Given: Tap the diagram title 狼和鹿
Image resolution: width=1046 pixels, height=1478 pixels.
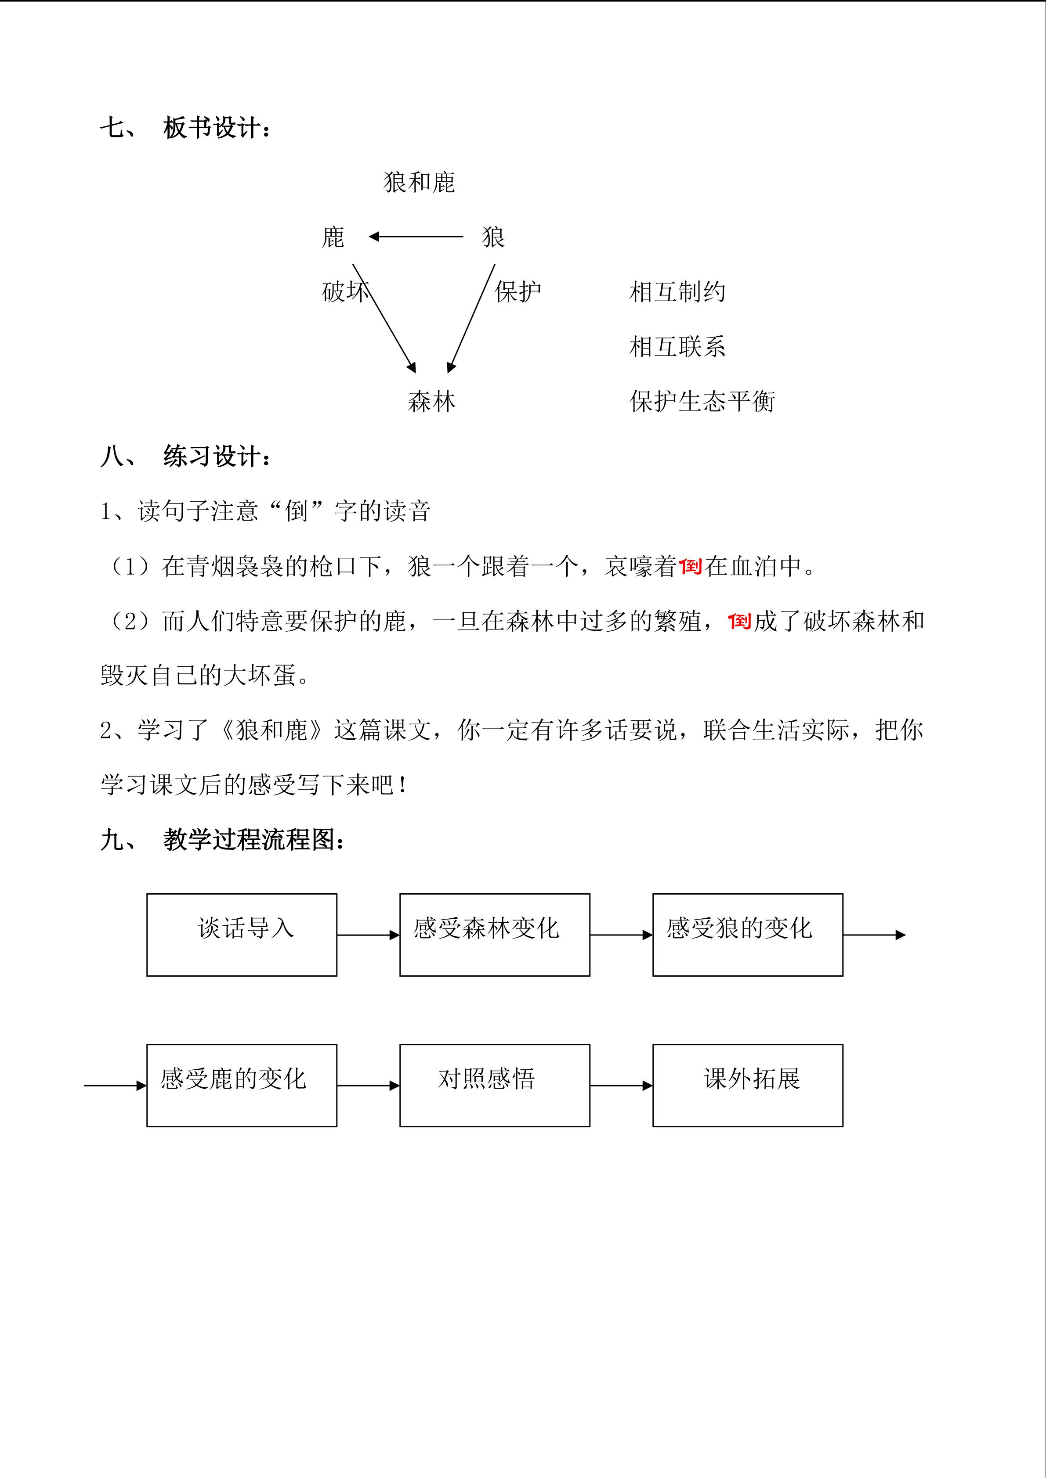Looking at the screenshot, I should point(419,183).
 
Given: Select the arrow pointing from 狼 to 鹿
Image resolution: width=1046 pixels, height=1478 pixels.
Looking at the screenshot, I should point(416,237).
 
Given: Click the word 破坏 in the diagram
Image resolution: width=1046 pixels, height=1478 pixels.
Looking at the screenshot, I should point(345,292).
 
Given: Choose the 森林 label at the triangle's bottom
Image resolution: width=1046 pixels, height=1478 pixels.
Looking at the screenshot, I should point(431,402).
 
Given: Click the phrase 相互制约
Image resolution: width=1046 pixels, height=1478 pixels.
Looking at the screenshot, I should point(677,292).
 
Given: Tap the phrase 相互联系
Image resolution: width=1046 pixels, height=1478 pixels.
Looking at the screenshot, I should point(677,347).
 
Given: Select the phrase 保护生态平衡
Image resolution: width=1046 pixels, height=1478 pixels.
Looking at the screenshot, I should point(702,402).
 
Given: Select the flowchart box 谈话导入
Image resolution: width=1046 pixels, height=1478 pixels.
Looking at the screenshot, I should point(242,935).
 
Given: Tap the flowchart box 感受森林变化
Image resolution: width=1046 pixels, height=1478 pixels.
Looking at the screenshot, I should point(495,935).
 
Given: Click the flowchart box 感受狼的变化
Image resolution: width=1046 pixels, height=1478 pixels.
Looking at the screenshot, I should point(748,935).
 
